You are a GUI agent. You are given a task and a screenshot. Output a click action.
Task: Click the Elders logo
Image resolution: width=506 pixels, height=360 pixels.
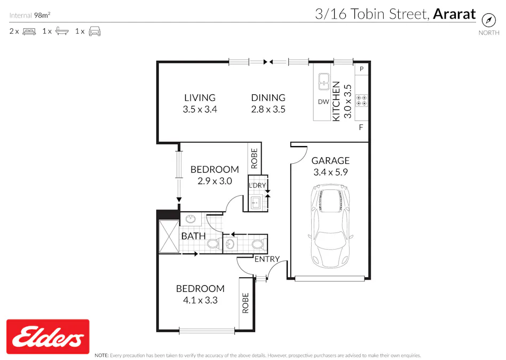click(48, 337)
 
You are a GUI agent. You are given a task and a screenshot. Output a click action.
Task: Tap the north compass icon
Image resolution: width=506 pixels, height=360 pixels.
click(489, 20)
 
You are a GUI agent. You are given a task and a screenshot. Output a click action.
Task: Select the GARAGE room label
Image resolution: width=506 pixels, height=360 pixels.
click(330, 161)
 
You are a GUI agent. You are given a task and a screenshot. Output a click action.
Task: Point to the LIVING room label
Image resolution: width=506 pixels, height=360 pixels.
click(200, 98)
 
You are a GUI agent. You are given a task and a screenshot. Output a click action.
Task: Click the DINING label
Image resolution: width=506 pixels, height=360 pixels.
click(268, 98)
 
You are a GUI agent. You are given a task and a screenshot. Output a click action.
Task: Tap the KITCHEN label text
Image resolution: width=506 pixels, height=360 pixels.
click(336, 101)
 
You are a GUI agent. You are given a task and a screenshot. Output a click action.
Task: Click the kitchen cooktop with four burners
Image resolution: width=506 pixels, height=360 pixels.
click(361, 99)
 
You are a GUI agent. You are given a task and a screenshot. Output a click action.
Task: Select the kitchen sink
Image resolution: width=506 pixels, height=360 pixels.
click(323, 82)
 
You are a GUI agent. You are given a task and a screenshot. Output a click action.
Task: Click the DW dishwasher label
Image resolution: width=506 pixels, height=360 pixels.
click(323, 102)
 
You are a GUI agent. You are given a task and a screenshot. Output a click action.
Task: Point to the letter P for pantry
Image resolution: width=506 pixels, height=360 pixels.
click(361, 69)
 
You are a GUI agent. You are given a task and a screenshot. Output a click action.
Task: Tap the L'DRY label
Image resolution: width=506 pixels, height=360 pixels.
click(257, 186)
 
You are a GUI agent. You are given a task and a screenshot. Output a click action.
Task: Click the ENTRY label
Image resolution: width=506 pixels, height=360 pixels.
click(267, 259)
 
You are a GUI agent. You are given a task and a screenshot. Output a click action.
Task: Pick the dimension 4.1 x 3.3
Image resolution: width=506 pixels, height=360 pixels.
click(200, 300)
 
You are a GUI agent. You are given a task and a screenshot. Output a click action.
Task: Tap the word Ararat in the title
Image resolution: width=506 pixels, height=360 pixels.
click(454, 14)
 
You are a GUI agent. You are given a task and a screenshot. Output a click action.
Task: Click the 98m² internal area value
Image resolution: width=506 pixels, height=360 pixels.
click(42, 15)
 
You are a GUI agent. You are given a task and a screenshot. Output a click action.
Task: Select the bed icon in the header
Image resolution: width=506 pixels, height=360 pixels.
click(29, 31)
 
